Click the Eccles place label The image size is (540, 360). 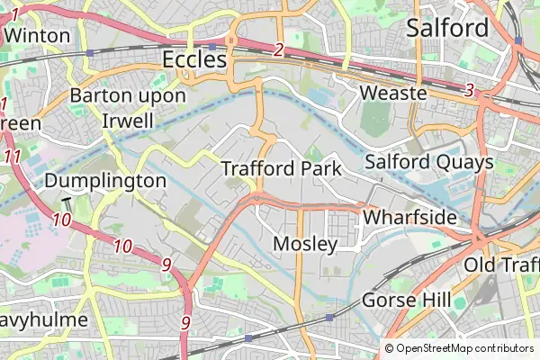point(194,59)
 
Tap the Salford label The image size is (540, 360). point(447,27)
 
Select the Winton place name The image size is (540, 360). point(36,35)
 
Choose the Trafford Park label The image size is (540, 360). point(281,168)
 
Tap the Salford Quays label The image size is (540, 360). point(428,162)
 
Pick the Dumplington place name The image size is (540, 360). point(105,180)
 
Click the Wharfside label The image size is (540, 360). point(404,218)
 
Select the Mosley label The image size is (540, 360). point(304,244)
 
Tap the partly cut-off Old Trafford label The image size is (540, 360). point(501,265)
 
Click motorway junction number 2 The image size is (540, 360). point(279,50)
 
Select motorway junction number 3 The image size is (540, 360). point(469,90)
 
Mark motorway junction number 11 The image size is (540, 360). point(12,157)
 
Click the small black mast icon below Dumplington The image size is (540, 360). point(66,202)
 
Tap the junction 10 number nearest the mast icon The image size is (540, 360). point(61,220)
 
